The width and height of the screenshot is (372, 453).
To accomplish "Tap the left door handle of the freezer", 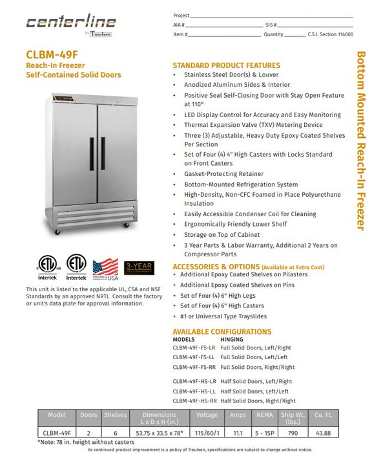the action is tap(92, 154).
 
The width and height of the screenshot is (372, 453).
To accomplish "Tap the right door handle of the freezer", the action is tap(101, 154).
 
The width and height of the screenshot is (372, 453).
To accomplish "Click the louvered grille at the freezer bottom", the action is tap(96, 213).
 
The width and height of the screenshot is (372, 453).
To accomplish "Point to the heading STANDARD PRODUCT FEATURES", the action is tap(226, 65).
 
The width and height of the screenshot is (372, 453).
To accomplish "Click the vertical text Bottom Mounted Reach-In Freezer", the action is tap(360, 141).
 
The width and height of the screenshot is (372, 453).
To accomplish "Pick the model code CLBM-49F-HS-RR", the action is tap(196, 401).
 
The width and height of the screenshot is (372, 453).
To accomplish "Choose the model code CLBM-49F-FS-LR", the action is tap(196, 348).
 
